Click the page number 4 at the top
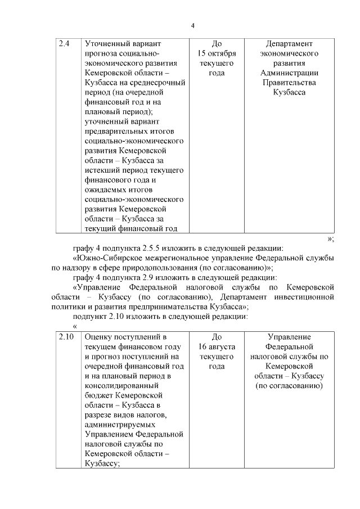[192, 25]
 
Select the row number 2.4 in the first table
[65, 43]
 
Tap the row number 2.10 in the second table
[66, 337]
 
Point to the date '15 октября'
[217, 53]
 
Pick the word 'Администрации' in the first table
[289, 73]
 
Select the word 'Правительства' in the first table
[289, 83]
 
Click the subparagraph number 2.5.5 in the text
[158, 248]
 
